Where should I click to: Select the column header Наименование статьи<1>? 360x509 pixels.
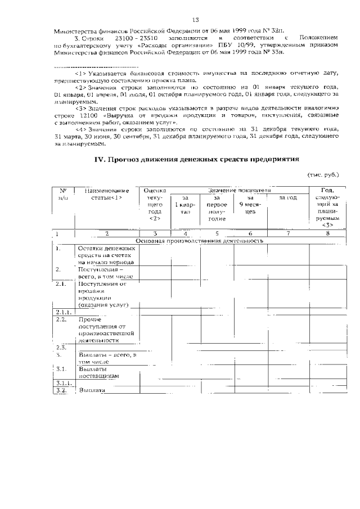(x=107, y=194)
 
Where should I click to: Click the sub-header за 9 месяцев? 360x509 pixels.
(x=250, y=205)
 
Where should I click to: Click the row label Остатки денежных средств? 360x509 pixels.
(x=106, y=255)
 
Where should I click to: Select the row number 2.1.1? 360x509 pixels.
(x=62, y=312)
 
